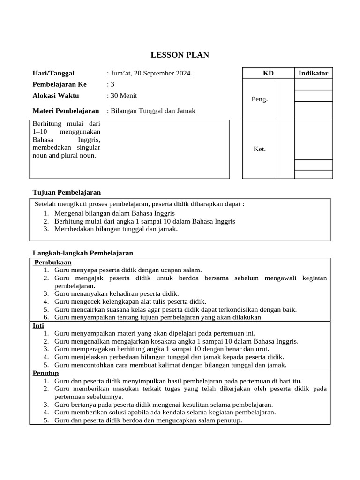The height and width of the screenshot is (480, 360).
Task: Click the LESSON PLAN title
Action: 180,55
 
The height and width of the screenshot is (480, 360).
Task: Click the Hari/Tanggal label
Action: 53,73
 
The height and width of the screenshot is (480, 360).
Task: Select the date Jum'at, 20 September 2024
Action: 150,73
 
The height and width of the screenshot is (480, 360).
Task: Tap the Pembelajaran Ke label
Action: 59,84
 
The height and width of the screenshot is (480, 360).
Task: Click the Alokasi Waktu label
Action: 55,96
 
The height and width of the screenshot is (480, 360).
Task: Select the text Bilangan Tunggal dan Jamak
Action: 152,111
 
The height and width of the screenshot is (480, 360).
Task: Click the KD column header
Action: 268,73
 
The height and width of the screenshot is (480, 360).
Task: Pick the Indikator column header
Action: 313,73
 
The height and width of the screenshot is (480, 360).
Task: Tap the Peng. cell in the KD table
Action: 260,99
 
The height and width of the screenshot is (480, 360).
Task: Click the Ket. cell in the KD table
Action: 260,149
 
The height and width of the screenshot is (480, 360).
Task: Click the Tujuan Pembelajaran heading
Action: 67,192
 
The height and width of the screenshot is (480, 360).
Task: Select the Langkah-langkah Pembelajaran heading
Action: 82,253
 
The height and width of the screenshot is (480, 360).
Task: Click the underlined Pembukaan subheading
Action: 53,262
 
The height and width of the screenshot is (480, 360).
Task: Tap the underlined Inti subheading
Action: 38,325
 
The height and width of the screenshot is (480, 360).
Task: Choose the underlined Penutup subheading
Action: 45,373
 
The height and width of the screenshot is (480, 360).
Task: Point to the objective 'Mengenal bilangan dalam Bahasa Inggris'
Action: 114,213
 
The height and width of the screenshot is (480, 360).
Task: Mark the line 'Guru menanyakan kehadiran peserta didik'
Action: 116,293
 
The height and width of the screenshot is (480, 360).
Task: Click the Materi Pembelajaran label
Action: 66,111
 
